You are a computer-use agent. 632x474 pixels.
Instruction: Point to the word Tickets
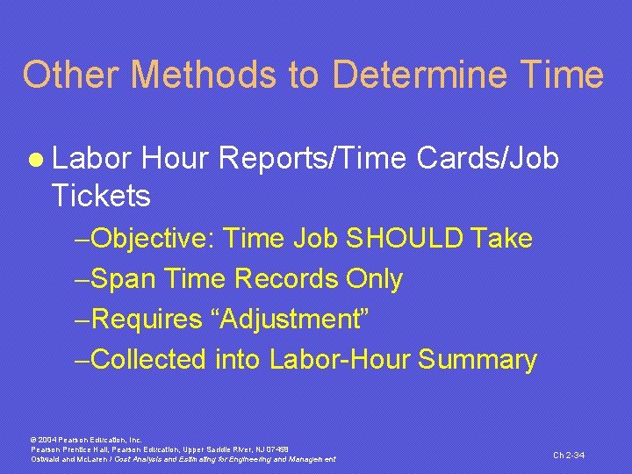click(101, 196)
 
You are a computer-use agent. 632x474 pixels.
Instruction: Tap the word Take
click(501, 239)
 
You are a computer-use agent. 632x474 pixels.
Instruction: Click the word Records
click(286, 279)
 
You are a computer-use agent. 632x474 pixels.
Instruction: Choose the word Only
click(375, 279)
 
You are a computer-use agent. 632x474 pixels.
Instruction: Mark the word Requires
click(146, 320)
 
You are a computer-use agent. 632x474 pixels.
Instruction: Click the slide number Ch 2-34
click(569, 455)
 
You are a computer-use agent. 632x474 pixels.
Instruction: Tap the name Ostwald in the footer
click(47, 459)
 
